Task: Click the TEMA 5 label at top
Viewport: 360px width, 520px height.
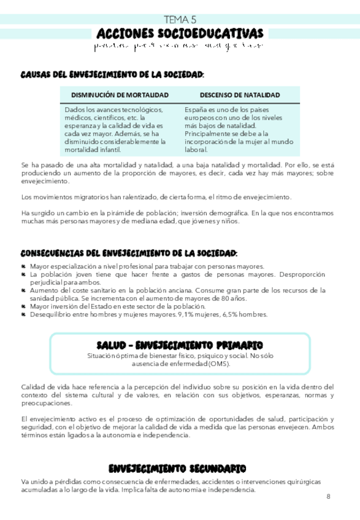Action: pos(180,20)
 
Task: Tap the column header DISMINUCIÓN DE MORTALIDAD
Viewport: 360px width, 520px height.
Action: pos(120,95)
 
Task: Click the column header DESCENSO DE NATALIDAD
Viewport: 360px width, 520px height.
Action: pos(240,95)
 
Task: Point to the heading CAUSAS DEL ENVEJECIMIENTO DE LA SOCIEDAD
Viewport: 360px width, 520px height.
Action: pos(112,74)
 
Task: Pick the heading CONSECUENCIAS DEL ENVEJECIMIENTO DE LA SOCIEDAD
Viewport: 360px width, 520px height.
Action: pos(129,253)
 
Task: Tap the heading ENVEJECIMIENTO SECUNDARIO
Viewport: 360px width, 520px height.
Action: pos(177,469)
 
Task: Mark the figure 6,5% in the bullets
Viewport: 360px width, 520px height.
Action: pos(229,315)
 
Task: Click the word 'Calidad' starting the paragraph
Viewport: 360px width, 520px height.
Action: pos(33,387)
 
